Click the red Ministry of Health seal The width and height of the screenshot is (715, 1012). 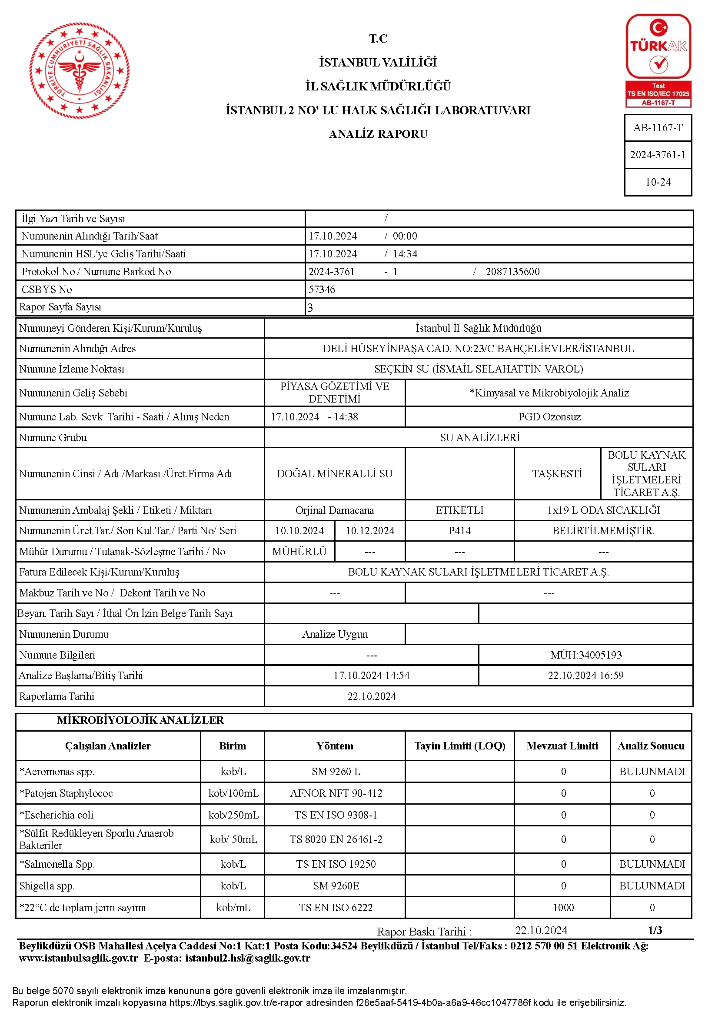(x=80, y=70)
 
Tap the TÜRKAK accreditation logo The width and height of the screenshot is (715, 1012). (x=658, y=60)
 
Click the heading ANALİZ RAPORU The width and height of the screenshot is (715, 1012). (x=378, y=133)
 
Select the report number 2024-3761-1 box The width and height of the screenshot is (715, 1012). (x=658, y=155)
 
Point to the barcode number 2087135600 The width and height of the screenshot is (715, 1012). (x=512, y=272)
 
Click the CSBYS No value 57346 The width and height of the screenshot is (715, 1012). (x=322, y=290)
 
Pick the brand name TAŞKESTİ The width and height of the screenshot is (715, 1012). (x=557, y=474)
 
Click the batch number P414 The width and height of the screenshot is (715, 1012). (x=459, y=531)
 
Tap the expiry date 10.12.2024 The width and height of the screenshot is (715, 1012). (x=370, y=531)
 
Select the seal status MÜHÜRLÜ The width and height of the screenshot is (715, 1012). (x=299, y=551)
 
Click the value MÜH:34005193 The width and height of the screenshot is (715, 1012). (x=586, y=655)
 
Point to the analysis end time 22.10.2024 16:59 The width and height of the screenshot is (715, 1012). (x=585, y=675)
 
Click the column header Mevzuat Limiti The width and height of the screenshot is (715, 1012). (x=562, y=746)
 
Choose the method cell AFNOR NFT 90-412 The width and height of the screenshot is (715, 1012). (x=336, y=793)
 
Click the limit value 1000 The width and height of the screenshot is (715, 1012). (x=563, y=908)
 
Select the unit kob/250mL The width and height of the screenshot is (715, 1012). (x=233, y=815)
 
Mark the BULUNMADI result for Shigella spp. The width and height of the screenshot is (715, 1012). (x=652, y=886)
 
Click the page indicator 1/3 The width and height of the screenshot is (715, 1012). (x=655, y=930)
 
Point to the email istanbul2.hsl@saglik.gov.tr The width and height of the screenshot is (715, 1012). (x=247, y=958)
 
